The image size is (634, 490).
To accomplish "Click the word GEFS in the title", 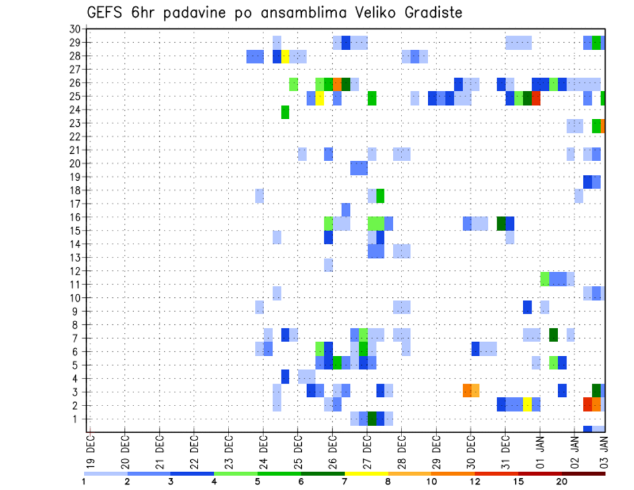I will pyautogui.click(x=106, y=13).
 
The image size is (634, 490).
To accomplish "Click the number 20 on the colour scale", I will pyautogui.click(x=562, y=481).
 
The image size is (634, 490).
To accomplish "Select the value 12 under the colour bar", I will pyautogui.click(x=475, y=481).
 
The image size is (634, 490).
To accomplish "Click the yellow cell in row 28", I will pyautogui.click(x=285, y=56).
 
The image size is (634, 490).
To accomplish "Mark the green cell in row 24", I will pyautogui.click(x=285, y=112).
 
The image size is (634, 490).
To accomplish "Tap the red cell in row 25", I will pyautogui.click(x=536, y=98).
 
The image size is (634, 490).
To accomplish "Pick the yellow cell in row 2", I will pyautogui.click(x=527, y=404).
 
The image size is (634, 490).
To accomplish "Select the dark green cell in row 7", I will pyautogui.click(x=553, y=335).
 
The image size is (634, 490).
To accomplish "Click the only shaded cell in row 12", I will pyautogui.click(x=328, y=265).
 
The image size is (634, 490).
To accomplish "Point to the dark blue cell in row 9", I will pyautogui.click(x=527, y=307).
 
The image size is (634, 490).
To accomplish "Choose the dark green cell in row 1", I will pyautogui.click(x=372, y=419).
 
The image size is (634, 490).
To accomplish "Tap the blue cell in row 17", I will pyautogui.click(x=345, y=210).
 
